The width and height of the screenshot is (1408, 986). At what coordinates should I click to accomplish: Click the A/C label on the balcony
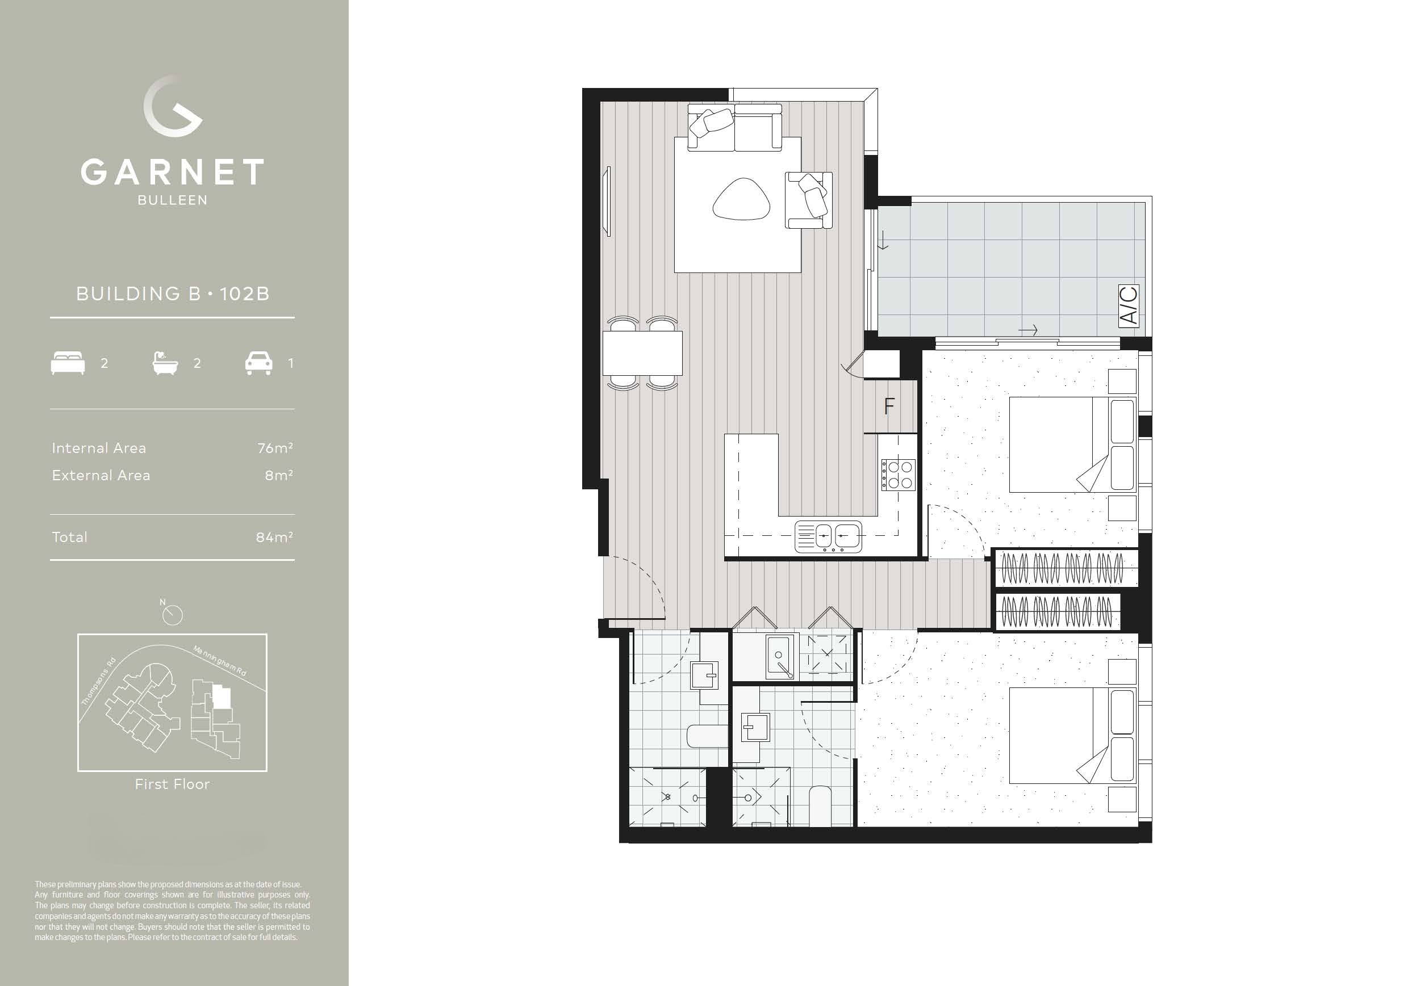click(x=1129, y=306)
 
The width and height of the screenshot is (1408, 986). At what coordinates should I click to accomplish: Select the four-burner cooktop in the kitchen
click(x=899, y=475)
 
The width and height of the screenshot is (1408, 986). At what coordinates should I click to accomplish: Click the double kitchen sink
click(x=828, y=537)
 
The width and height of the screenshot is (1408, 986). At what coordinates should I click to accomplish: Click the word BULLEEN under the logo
click(x=172, y=200)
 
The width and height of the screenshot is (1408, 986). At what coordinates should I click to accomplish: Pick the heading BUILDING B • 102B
click(x=172, y=294)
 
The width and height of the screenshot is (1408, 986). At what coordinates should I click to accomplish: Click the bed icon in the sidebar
click(x=68, y=363)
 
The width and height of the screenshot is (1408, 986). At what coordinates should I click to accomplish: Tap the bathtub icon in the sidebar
click(x=165, y=363)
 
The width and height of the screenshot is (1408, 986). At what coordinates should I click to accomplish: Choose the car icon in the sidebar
click(x=259, y=363)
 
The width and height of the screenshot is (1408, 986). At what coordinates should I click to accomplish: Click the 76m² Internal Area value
click(x=275, y=448)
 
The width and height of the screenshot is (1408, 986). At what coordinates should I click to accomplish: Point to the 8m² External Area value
click(x=278, y=476)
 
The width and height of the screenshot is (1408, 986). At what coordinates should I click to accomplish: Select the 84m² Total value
click(x=274, y=538)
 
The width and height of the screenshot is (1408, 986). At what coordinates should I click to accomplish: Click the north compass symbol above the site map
click(x=173, y=615)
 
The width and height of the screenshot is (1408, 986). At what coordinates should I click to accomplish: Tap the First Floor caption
click(x=172, y=784)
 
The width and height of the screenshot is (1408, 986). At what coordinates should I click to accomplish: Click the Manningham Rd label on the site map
click(x=220, y=661)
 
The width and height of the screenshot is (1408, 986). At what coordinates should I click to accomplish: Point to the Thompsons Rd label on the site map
click(x=99, y=681)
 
